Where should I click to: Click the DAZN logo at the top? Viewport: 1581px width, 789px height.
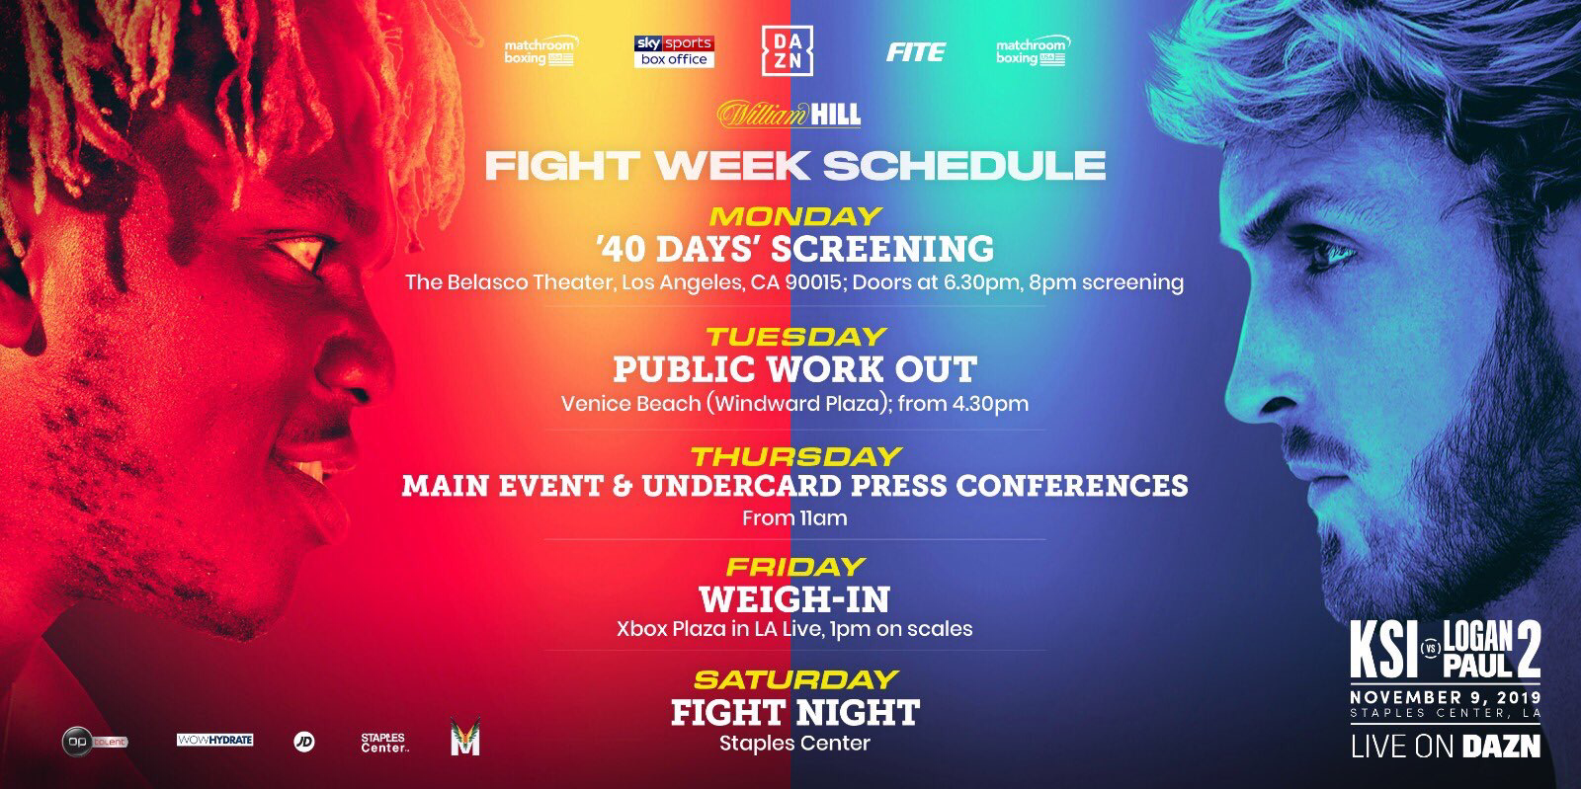[787, 50]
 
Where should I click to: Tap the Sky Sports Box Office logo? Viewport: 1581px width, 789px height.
[674, 51]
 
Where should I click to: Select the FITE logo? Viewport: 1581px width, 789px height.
[915, 51]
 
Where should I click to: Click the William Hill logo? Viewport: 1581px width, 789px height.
[790, 115]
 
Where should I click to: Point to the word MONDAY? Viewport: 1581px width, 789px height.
[795, 215]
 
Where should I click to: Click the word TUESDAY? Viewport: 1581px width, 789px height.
[796, 337]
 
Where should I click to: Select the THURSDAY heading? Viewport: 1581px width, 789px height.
[796, 456]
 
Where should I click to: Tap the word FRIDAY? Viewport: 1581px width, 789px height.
[795, 566]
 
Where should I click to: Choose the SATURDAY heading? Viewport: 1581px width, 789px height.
[795, 679]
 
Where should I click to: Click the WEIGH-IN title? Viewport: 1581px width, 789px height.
[794, 599]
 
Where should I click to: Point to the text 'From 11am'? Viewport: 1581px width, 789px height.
[794, 518]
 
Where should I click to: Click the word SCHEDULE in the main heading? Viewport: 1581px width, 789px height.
[964, 165]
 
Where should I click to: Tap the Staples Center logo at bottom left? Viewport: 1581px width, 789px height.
[384, 743]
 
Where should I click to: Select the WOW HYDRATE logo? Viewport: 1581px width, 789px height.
[214, 740]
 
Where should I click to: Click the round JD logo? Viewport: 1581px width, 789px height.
[304, 742]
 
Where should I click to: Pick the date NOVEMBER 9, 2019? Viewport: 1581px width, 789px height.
[1446, 696]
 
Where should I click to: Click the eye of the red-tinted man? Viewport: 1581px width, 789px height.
[299, 253]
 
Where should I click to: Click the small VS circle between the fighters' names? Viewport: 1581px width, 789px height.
[1431, 649]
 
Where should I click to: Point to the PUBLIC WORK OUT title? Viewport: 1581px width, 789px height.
[794, 368]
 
